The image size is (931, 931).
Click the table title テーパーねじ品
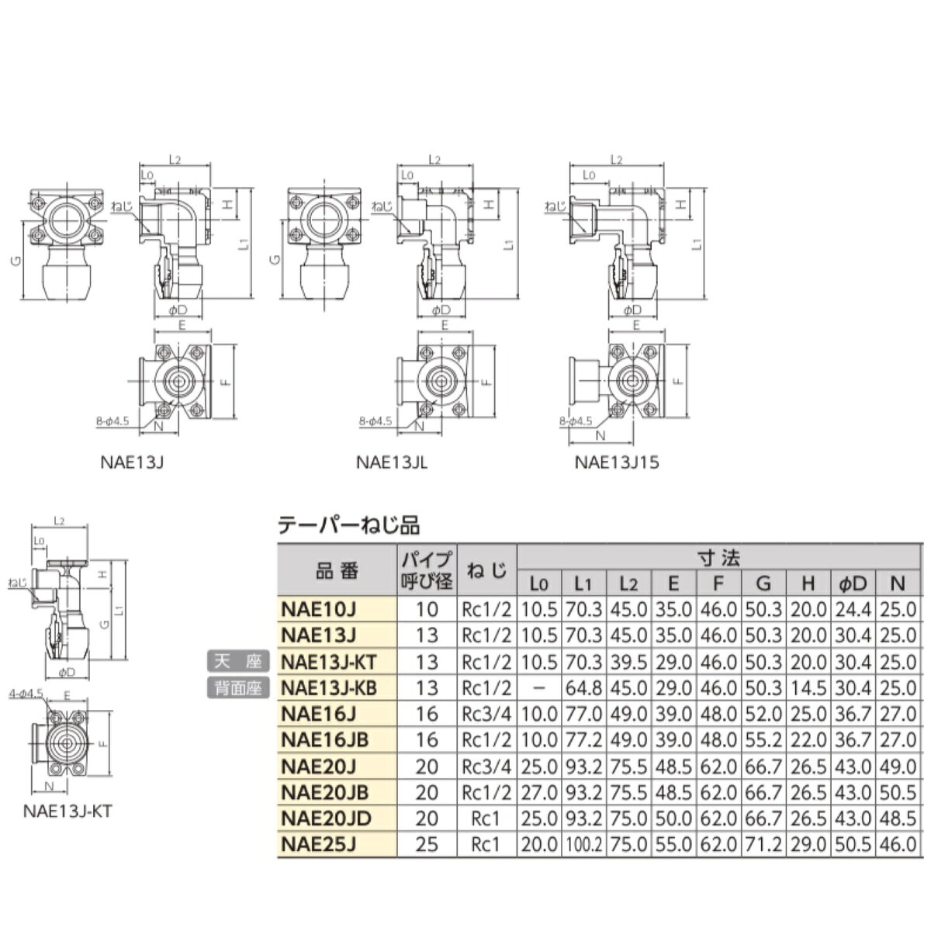(x=348, y=525)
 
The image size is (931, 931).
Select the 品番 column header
(x=337, y=572)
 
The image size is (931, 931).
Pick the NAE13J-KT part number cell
(x=331, y=662)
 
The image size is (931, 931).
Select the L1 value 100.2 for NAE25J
(x=582, y=845)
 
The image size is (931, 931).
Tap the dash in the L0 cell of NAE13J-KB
(x=539, y=688)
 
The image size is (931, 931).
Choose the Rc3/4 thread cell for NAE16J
(x=487, y=715)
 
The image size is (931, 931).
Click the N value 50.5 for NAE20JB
(x=898, y=793)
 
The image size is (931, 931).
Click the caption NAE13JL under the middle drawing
(x=392, y=463)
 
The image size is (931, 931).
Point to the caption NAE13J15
(x=617, y=463)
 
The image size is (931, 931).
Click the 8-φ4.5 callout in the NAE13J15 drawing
(x=576, y=421)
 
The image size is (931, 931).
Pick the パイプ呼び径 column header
(x=427, y=572)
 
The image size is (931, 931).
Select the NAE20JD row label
(x=326, y=819)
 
